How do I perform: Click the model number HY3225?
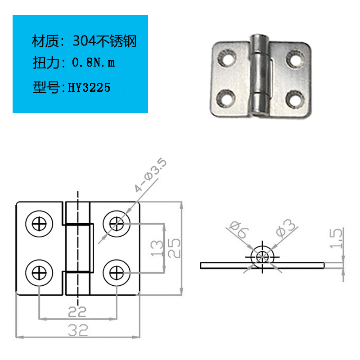pyautogui.click(x=89, y=87)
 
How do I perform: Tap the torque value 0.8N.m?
pyautogui.click(x=94, y=63)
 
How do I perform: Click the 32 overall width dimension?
pyautogui.click(x=78, y=330)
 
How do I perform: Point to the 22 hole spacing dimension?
pyautogui.click(x=77, y=312)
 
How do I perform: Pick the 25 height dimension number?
pyautogui.click(x=174, y=248)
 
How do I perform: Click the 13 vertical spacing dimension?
pyautogui.click(x=157, y=248)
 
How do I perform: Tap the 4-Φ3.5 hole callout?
pyautogui.click(x=150, y=175)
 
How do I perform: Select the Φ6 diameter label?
pyautogui.click(x=239, y=229)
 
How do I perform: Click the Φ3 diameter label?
pyautogui.click(x=286, y=228)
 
